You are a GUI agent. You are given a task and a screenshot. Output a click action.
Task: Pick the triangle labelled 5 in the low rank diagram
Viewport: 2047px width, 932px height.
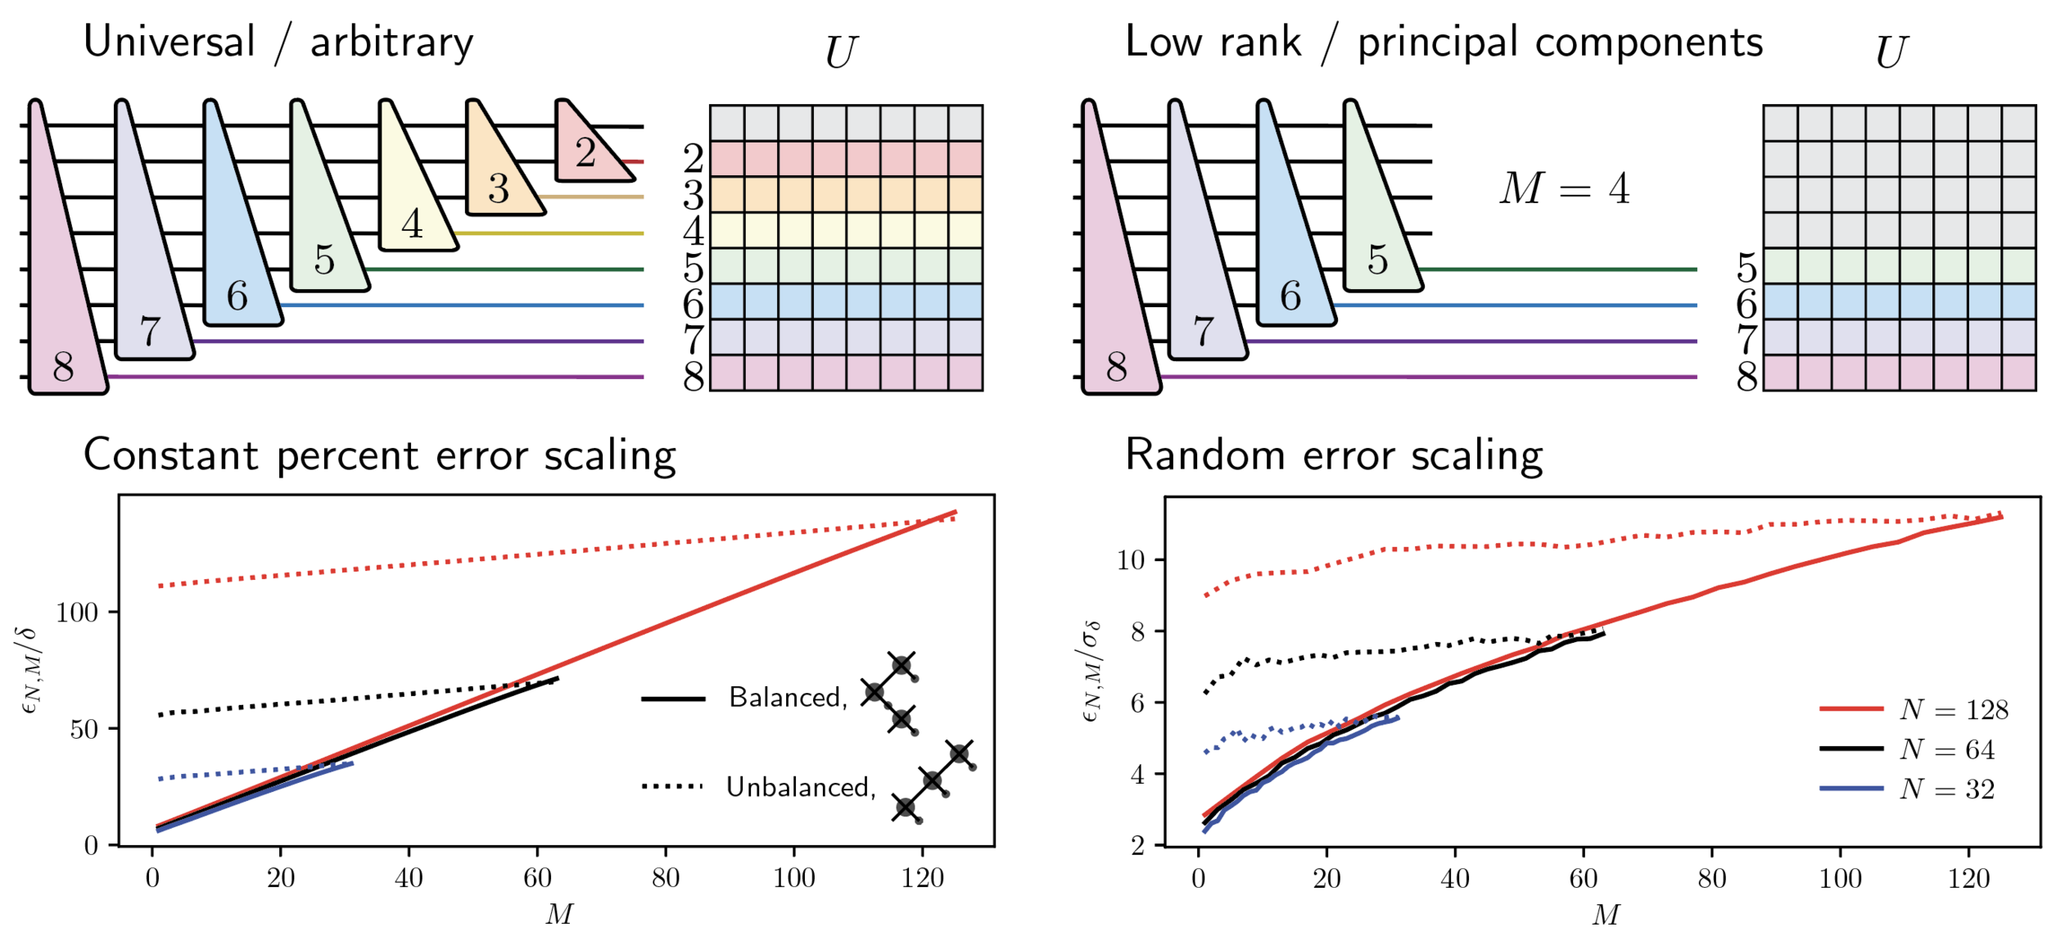tap(1378, 238)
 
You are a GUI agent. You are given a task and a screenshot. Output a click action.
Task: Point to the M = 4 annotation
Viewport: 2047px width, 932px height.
tap(1565, 188)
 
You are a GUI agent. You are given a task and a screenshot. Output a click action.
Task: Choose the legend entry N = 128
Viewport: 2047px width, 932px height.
tap(1954, 709)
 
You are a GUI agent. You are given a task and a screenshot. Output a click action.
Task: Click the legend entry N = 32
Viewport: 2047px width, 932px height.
tap(1947, 789)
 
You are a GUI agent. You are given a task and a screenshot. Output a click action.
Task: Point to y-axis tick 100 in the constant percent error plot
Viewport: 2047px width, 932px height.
tap(77, 612)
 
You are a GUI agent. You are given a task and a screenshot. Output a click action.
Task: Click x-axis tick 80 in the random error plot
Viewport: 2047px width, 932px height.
tap(1711, 879)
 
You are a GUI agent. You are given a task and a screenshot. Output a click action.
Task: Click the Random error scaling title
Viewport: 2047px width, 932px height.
tap(1334, 455)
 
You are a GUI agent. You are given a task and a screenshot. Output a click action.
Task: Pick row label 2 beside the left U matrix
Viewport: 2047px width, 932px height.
tap(694, 158)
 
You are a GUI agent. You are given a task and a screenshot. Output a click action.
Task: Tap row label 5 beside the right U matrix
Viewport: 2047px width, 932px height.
tap(1747, 268)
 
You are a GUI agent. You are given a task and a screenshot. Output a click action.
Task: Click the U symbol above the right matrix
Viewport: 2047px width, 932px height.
tap(1891, 52)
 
